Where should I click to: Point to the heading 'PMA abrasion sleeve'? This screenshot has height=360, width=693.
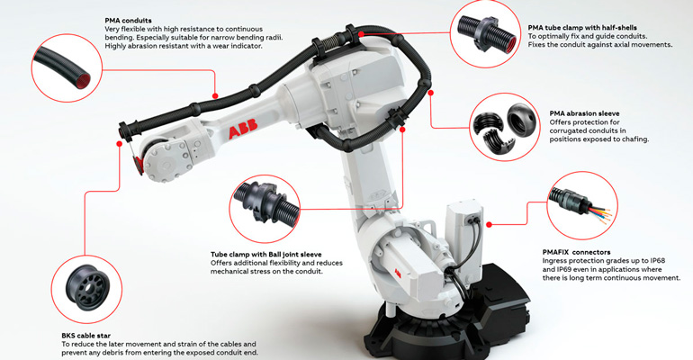coord(584,114)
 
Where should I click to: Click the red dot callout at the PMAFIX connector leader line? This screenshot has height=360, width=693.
coord(488,224)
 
